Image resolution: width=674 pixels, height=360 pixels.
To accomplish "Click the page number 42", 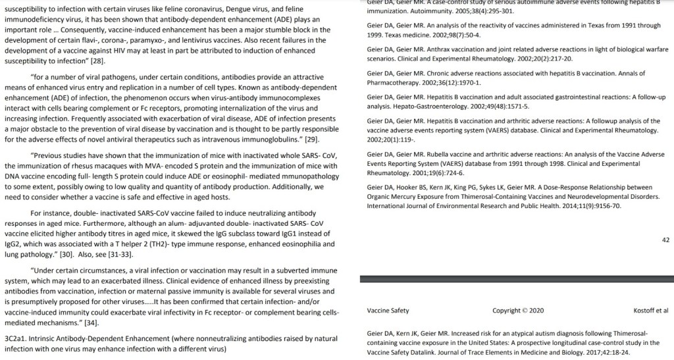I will click(x=665, y=241).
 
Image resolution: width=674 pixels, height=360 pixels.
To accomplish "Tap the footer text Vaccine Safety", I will click(x=388, y=311).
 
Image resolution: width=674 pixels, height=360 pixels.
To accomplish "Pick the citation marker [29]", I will click(x=311, y=139).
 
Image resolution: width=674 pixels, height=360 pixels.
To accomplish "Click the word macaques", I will click(x=113, y=165).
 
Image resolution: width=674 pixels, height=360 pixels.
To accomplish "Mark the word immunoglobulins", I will click(x=269, y=139).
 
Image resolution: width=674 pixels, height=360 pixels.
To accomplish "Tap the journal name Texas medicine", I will click(x=402, y=34).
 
